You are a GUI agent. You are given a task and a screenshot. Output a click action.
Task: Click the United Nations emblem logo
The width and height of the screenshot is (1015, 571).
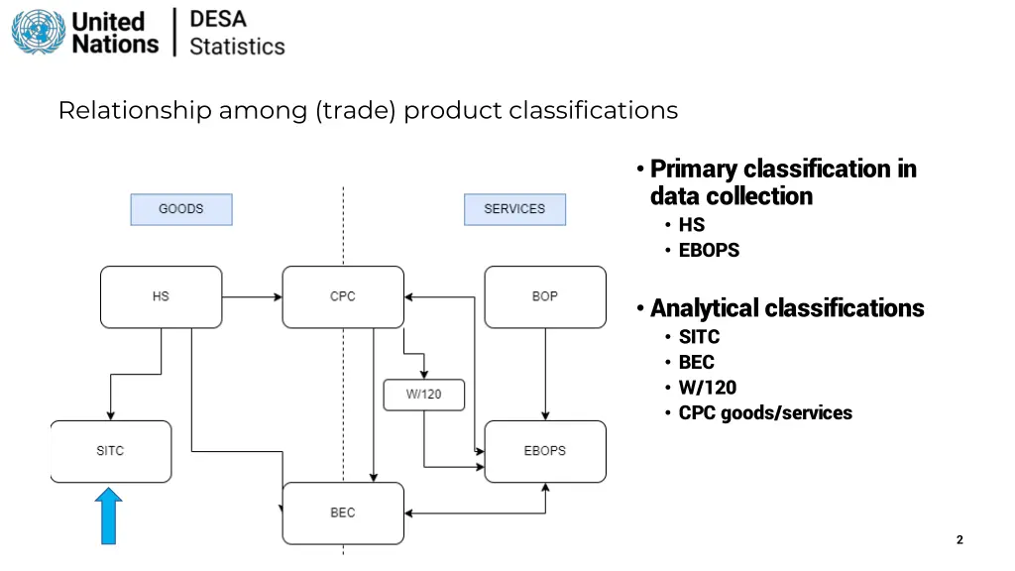pos(38,32)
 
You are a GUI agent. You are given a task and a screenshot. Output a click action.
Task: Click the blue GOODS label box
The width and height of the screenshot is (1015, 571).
pos(181,209)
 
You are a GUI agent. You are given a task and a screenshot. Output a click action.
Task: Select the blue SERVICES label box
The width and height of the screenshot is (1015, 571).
pos(514,209)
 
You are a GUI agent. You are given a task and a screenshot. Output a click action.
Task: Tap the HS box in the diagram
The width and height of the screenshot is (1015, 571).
pos(161,296)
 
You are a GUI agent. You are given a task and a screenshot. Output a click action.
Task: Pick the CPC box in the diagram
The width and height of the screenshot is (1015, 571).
pos(343,296)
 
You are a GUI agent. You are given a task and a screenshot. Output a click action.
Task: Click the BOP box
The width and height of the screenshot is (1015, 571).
pos(545,296)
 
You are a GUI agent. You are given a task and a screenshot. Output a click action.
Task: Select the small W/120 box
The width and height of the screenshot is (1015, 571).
pos(424,395)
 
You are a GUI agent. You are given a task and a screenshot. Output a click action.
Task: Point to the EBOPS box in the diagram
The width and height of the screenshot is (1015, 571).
pos(545,451)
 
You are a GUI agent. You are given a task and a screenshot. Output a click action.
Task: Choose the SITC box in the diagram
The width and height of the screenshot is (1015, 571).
pos(110,451)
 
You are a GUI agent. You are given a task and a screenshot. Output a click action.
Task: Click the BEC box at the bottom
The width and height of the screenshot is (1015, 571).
pos(343,513)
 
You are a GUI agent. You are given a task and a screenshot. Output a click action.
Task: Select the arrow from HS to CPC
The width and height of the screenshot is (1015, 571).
pos(252,296)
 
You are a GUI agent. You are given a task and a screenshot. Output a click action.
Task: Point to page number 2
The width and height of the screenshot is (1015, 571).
pos(959,540)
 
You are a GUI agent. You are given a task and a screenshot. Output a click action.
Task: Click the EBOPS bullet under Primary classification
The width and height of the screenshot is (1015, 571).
pos(709,250)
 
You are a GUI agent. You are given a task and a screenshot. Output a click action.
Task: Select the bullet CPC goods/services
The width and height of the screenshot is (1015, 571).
pos(764,413)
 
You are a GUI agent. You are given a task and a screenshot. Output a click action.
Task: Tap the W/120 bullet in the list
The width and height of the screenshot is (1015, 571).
pos(707,388)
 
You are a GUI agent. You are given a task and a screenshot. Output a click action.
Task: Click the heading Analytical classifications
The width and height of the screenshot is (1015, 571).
pos(787,308)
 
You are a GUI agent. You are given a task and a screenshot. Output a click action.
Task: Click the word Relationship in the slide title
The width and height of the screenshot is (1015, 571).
pos(135,110)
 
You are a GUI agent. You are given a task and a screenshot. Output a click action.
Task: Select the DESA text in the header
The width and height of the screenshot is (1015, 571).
pos(218,19)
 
